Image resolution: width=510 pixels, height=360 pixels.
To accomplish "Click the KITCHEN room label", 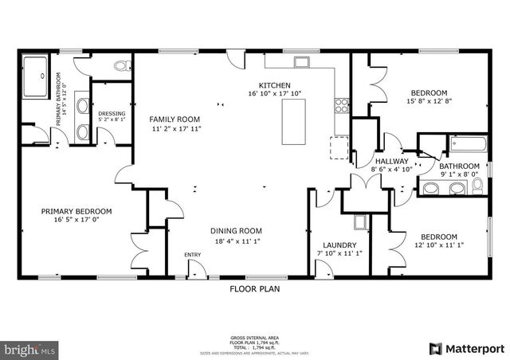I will coord(274,84).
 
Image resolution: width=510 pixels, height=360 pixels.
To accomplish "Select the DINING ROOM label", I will coord(237,231).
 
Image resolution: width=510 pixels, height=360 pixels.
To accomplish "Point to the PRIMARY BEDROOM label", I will coord(76,211).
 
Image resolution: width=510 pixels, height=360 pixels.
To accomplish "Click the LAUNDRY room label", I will coord(339,245).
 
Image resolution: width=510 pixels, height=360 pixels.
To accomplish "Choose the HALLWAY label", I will coord(390,160).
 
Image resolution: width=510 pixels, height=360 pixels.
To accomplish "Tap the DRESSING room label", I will coord(112,114).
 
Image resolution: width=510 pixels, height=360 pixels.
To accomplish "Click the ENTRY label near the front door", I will coord(193,255).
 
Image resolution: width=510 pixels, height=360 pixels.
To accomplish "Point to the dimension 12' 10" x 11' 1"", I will coord(439,246).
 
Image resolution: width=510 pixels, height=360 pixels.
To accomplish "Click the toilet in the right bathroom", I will coord(477,186).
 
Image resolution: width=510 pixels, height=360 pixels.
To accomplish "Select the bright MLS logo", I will coord(30,348).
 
